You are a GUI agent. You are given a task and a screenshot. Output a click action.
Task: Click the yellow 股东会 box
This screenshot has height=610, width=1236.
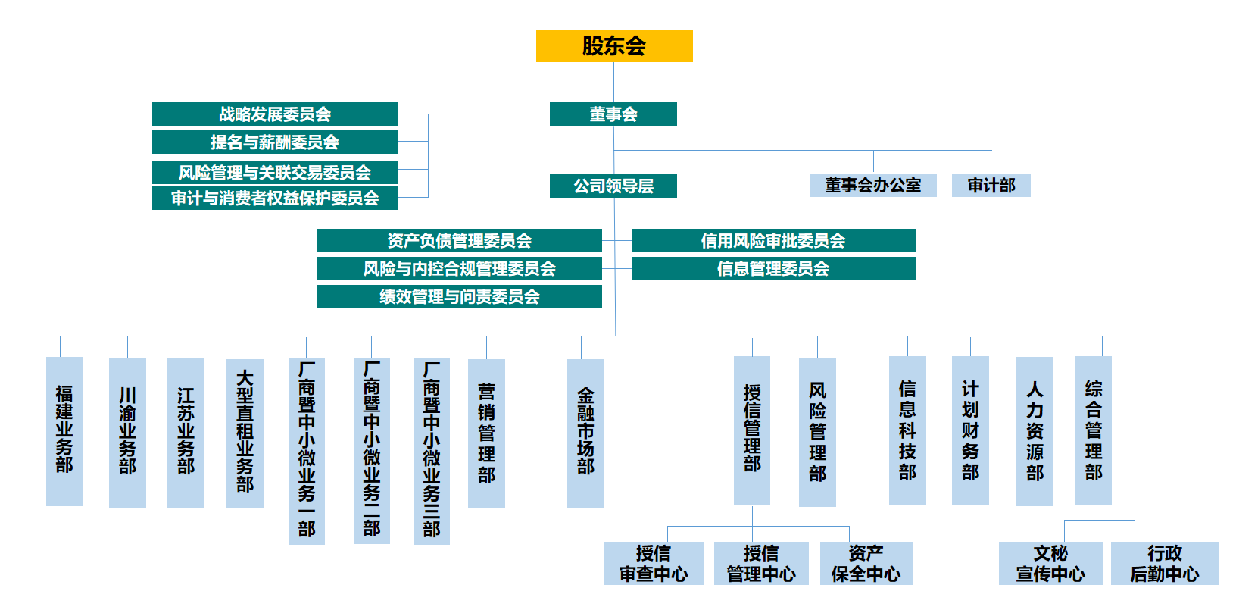[x=614, y=45]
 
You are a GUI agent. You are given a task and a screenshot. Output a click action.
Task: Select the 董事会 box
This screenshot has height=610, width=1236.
[x=613, y=114]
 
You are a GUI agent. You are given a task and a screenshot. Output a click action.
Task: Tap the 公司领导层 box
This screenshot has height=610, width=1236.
[x=613, y=186]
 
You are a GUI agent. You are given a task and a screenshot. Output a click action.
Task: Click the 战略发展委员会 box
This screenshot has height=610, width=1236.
[x=275, y=114]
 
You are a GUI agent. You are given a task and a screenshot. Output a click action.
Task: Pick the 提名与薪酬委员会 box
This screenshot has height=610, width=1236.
[x=275, y=142]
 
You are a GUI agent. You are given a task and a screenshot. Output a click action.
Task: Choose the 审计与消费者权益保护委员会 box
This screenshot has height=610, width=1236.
[x=275, y=199]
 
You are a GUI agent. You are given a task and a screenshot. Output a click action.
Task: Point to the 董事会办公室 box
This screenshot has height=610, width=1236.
[x=872, y=186]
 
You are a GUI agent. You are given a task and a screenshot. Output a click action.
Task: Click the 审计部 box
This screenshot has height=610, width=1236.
[x=991, y=186]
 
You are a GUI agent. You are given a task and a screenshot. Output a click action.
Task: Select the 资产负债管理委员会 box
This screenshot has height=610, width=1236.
[x=459, y=241]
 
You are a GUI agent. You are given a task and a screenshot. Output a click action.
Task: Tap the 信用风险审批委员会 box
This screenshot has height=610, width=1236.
[x=773, y=241]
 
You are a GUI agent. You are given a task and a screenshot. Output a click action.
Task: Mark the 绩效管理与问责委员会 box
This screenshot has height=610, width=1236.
[x=459, y=297]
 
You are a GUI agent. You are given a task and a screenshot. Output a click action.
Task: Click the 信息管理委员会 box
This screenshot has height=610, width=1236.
[x=773, y=269]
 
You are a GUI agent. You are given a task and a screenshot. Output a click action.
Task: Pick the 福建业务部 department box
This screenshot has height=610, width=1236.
[x=64, y=430]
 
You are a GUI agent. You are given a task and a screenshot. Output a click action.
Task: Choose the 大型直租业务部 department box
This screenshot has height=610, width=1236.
[x=245, y=432]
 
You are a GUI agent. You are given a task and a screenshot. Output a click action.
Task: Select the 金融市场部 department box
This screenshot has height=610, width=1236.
[x=585, y=432]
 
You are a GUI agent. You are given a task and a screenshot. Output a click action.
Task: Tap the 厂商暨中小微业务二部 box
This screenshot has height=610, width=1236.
[x=372, y=450]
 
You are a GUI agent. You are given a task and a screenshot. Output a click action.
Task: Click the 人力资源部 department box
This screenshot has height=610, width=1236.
[x=1035, y=430]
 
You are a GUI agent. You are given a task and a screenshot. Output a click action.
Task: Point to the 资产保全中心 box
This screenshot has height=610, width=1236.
[x=866, y=564]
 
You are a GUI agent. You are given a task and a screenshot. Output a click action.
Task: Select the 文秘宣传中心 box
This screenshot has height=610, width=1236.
[x=1050, y=564]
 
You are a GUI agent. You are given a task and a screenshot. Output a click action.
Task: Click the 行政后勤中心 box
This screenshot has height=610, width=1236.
[x=1164, y=564]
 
